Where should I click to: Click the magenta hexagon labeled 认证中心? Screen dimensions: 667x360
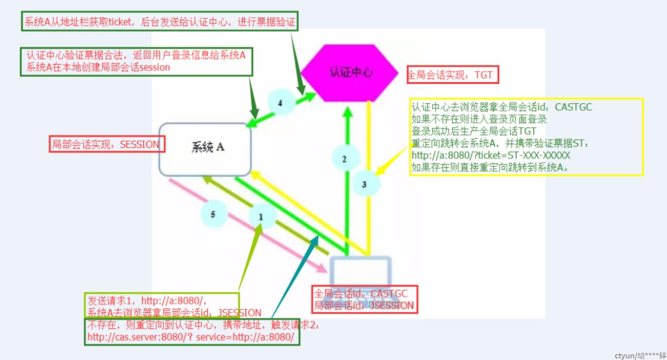click(350, 73)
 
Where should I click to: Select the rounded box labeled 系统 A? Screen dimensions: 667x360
click(205, 149)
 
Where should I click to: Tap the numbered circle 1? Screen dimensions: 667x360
click(261, 217)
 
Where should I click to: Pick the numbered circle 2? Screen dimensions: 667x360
click(345, 158)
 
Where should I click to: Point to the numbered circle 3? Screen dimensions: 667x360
click(365, 184)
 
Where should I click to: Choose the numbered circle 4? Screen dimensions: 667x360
click(280, 103)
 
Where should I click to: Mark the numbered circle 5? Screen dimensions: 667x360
click(213, 214)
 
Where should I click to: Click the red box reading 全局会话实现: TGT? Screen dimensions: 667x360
click(453, 75)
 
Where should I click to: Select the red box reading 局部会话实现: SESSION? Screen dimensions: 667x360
click(107, 144)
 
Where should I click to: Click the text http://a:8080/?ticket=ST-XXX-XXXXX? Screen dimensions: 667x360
click(490, 155)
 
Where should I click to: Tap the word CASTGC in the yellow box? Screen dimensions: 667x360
click(573, 107)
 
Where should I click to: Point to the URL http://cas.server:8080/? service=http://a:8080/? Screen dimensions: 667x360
click(191, 337)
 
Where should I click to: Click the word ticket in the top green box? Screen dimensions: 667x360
click(120, 22)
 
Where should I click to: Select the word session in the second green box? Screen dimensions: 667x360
click(155, 67)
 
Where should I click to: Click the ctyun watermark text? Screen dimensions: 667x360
click(640, 355)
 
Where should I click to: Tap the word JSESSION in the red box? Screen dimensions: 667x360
click(391, 305)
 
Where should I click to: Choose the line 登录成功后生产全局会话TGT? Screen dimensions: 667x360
click(474, 131)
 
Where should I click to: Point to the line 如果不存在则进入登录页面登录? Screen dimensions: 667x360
click(479, 119)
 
